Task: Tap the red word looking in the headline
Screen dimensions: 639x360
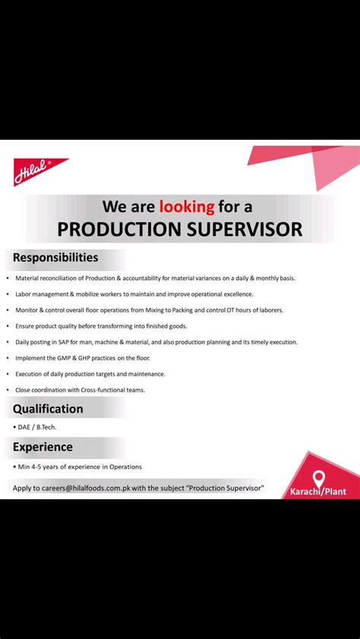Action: click(187, 206)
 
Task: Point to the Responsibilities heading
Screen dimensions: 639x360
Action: click(55, 257)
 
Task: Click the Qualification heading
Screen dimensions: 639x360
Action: click(48, 408)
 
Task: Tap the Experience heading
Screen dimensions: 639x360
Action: click(43, 447)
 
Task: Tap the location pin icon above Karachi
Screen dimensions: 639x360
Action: click(318, 478)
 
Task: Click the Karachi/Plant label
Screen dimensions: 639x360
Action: click(317, 492)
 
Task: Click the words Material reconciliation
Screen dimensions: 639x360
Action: click(46, 279)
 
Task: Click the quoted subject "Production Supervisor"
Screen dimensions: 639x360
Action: click(220, 488)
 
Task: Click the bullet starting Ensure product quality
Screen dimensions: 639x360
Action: click(101, 326)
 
